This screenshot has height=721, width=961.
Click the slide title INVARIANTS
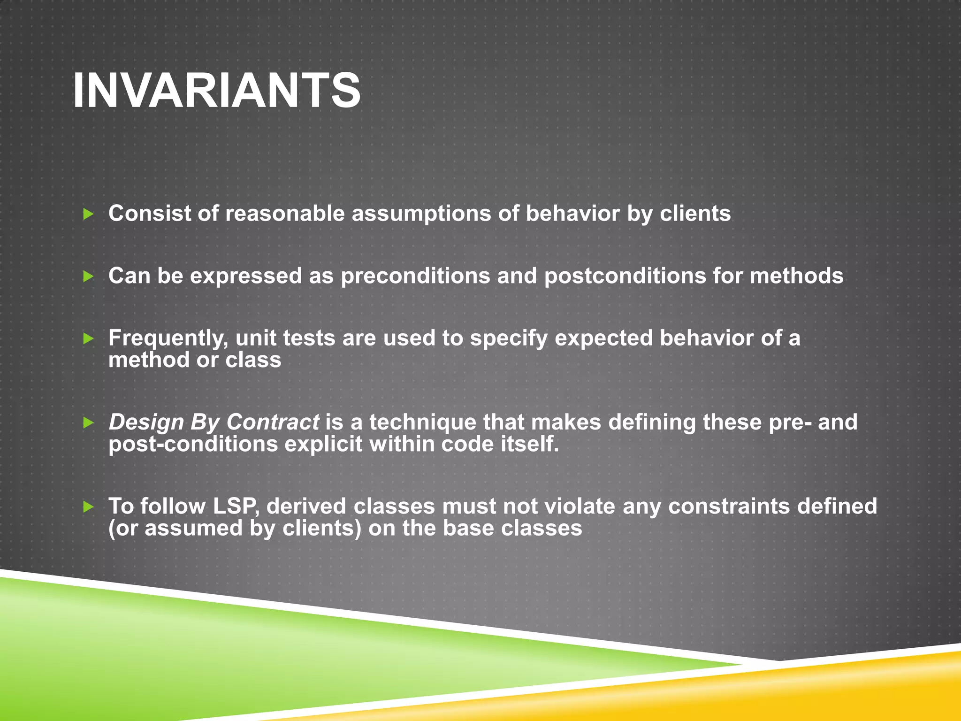click(x=217, y=91)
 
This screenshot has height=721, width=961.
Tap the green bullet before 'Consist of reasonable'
click(x=88, y=215)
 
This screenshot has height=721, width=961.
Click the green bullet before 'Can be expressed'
click(x=88, y=276)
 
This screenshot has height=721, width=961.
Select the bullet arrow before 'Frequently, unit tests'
click(x=88, y=338)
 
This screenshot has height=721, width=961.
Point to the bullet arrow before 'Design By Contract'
click(x=88, y=423)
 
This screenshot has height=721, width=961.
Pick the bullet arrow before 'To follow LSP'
click(x=88, y=506)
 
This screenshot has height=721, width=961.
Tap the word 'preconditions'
click(x=415, y=276)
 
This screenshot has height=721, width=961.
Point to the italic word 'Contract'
click(x=273, y=422)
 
